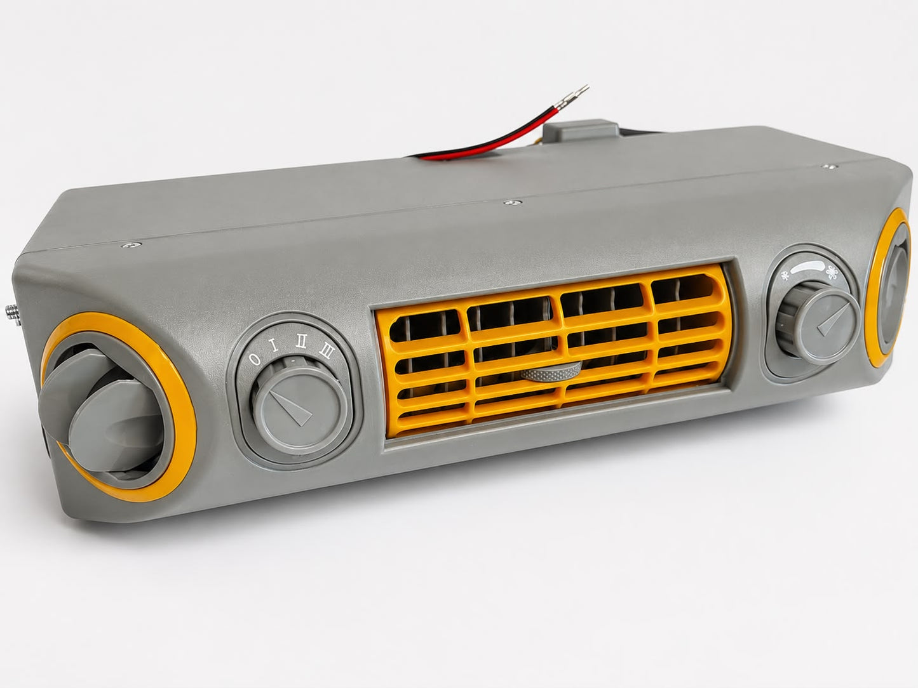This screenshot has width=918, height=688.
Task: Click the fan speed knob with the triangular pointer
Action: tap(299, 407)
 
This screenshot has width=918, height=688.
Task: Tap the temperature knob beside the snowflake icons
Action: tap(817, 323)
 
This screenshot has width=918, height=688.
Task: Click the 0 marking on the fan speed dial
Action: tap(255, 359)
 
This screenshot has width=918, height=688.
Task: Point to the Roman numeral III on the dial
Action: tap(326, 350)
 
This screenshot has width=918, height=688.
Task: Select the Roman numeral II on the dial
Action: tap(301, 342)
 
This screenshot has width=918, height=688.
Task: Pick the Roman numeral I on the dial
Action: tap(275, 347)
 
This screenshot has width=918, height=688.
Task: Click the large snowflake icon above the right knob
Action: tap(833, 273)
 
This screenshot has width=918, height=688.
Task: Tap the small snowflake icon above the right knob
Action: tap(785, 275)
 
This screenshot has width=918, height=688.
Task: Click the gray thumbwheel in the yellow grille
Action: tap(551, 372)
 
